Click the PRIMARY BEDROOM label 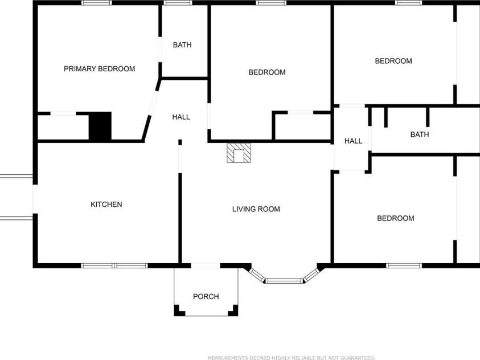coord(99,69)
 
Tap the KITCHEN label coord(106,204)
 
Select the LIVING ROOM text coord(256,209)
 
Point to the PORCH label coord(206,296)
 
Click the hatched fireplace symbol coord(239,153)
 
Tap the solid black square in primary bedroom coord(100,126)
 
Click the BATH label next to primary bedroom coord(182,45)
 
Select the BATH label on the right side coord(419,134)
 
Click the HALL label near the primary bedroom coord(181,117)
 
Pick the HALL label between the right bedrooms coord(353,141)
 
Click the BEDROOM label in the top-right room coord(393,61)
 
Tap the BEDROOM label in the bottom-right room coord(395,218)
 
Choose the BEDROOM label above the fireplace coord(266,72)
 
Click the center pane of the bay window coord(284,280)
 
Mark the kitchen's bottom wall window coord(114,265)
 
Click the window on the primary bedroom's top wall coord(96,3)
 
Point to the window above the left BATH coord(178,3)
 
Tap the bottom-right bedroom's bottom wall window coord(404,265)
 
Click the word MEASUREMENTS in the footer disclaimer coord(228,358)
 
